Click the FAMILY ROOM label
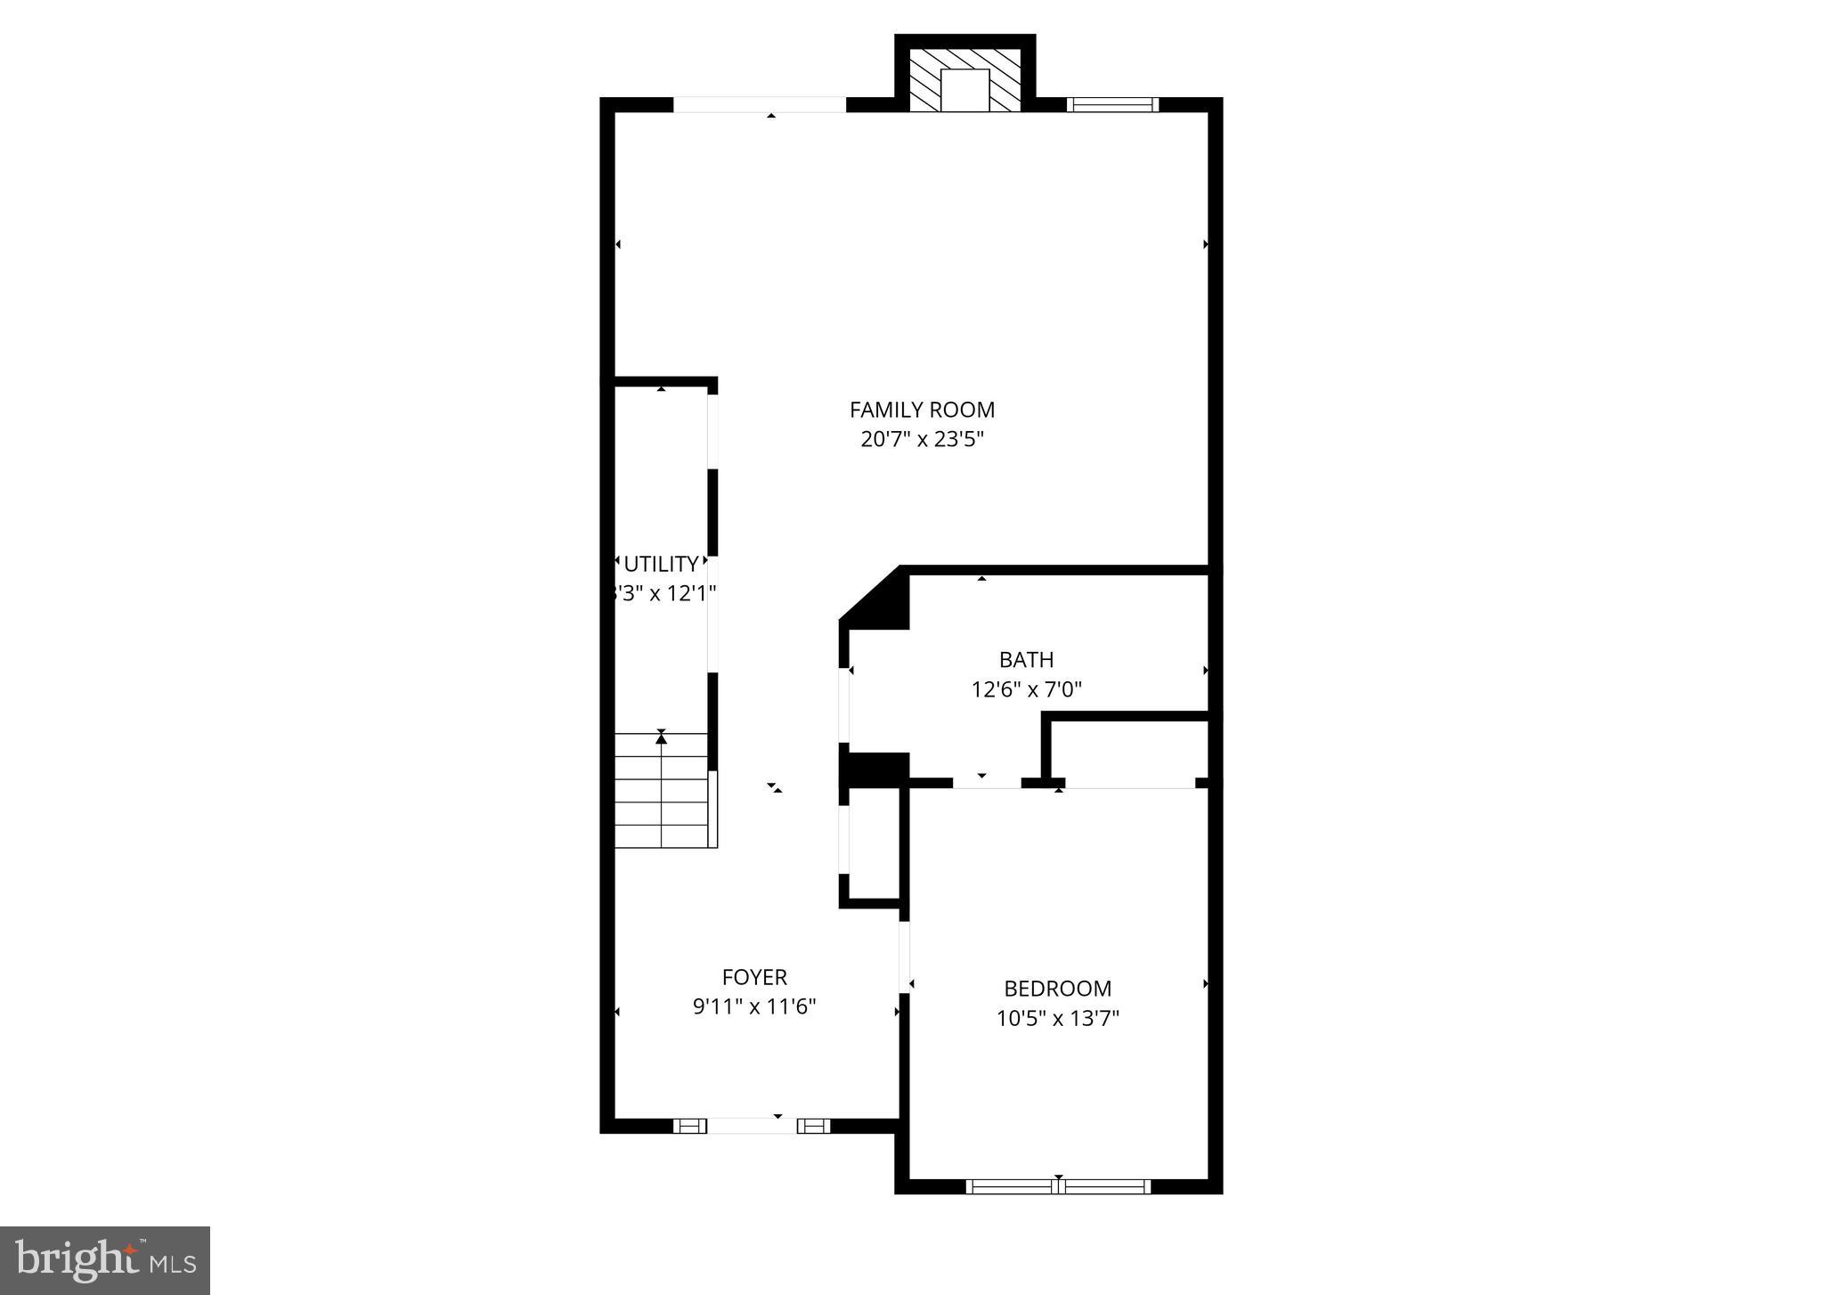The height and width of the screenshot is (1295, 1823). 922,410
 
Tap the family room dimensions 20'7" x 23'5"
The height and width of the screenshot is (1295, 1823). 922,439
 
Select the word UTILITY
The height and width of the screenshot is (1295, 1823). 661,564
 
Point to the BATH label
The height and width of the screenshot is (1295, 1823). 1026,660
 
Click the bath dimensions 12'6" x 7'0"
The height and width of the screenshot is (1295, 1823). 1026,689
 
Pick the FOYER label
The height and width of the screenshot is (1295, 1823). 754,977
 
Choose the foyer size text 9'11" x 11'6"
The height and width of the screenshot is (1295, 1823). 754,1006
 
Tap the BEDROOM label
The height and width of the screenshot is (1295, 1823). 1057,989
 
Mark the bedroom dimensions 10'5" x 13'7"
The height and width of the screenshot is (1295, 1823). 1057,1018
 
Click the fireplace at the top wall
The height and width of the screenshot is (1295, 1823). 964,80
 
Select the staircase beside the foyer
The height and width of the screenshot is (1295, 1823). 663,790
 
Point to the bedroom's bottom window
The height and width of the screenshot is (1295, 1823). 1058,1186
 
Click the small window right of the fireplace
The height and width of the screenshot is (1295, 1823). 1112,105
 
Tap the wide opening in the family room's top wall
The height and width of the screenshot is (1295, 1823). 759,105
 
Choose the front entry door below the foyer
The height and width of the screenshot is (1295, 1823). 752,1126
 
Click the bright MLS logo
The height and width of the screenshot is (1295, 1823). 105,1260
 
